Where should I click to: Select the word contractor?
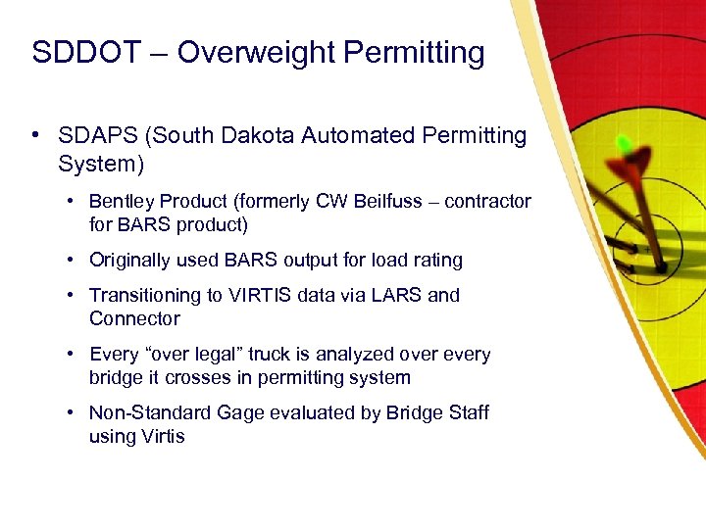[487, 201]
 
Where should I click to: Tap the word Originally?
[130, 260]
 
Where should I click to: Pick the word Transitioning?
[149, 295]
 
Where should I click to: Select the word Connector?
[134, 318]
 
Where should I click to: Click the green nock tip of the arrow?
[622, 144]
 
